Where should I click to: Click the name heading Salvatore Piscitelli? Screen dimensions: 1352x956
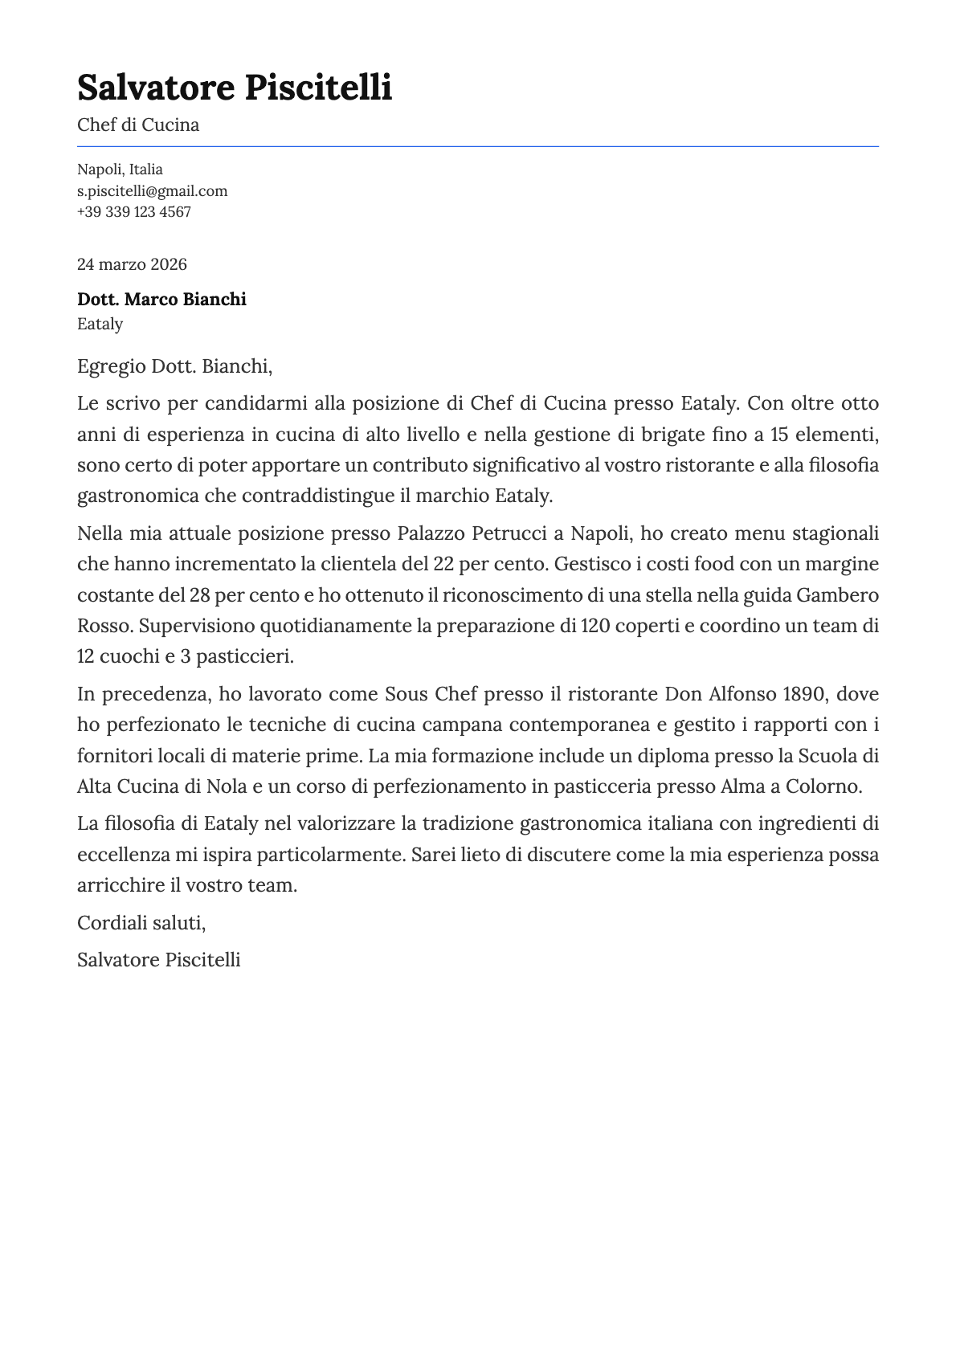tap(235, 88)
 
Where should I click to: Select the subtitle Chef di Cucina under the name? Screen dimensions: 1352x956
tap(138, 125)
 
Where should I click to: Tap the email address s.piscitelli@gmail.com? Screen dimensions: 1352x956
tap(152, 191)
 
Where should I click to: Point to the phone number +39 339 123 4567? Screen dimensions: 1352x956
tap(134, 212)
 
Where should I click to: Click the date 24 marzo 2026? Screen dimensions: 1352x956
tap(132, 264)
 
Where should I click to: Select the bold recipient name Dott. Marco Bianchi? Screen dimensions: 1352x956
tap(161, 300)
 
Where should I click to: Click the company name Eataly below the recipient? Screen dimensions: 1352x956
tap(100, 325)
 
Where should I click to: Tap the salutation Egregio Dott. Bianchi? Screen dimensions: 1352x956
tap(174, 367)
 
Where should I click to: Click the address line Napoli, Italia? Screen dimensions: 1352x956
tap(120, 170)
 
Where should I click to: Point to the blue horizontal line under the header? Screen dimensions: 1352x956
tap(477, 146)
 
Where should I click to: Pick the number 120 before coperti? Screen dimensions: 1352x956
tap(595, 626)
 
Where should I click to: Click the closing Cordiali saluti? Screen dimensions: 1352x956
tap(141, 923)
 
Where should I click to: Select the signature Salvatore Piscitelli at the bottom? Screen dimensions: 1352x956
tap(158, 960)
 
